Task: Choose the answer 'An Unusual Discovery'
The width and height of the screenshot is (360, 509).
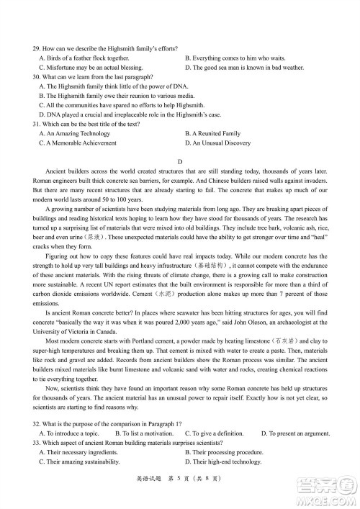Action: click(x=218, y=143)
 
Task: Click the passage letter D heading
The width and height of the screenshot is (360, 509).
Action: click(x=180, y=162)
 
